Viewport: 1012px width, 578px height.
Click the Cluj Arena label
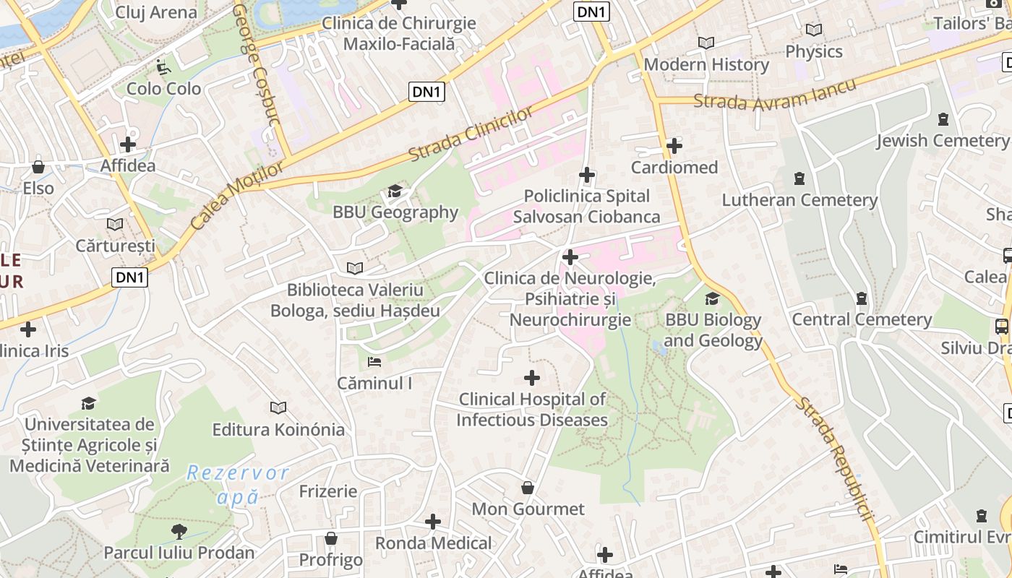pos(156,12)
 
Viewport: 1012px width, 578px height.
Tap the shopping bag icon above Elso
pos(38,167)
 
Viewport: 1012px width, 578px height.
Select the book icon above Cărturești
pos(115,224)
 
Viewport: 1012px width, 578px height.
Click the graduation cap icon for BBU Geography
pos(395,191)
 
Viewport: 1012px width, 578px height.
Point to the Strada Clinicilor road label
pos(471,134)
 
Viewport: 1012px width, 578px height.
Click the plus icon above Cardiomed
pos(674,146)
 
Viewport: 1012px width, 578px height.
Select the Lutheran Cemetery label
pos(799,200)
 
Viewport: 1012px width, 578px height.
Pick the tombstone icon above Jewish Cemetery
pos(943,118)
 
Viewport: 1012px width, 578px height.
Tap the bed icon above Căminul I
pos(374,361)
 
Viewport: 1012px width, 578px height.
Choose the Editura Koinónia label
pos(278,430)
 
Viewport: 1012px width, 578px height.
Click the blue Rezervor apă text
pos(237,485)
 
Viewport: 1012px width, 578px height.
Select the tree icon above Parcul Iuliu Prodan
pos(179,532)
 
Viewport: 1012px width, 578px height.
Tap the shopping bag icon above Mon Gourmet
pos(528,488)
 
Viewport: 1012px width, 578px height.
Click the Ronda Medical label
pos(433,543)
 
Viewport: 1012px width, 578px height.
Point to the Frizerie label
pos(328,491)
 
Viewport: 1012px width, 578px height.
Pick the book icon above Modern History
pos(706,43)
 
